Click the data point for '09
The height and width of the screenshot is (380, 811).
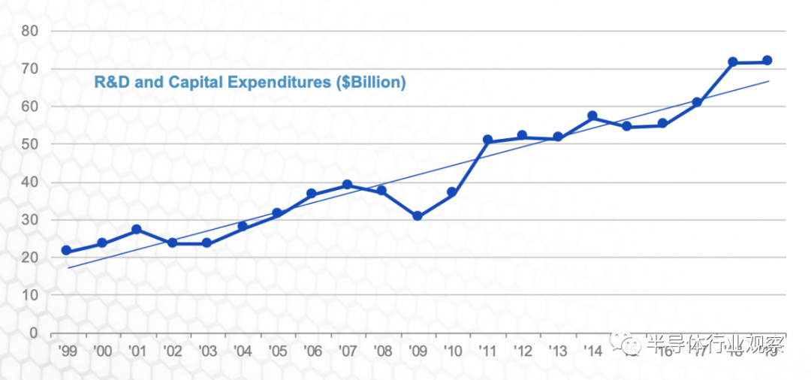tap(418, 216)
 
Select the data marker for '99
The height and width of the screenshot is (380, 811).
tap(66, 250)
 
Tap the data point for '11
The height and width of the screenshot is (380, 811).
tap(487, 140)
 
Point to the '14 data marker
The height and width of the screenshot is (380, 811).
tap(592, 116)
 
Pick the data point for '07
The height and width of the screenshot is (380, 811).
tap(347, 184)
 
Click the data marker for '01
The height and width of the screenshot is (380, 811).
tap(137, 229)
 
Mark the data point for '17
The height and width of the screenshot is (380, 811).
tap(697, 102)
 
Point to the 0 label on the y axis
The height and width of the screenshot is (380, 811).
tap(34, 333)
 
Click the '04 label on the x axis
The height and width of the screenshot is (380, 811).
tap(242, 351)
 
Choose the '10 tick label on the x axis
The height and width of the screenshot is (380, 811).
tap(452, 351)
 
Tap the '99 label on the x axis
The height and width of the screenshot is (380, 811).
tap(66, 351)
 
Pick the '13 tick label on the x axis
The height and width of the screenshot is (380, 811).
tap(557, 351)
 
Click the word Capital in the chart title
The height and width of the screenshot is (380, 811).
tap(191, 82)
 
